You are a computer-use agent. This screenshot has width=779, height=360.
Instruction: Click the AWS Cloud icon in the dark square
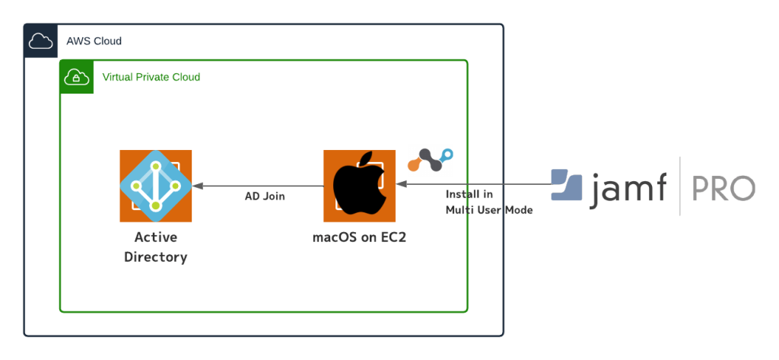tap(41, 41)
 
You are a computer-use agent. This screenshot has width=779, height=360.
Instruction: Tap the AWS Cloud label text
tap(94, 41)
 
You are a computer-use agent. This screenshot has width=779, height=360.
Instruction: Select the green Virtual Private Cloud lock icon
tap(77, 77)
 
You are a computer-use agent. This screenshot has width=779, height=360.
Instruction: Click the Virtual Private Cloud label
tap(151, 77)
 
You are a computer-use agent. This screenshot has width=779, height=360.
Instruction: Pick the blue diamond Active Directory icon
tap(155, 186)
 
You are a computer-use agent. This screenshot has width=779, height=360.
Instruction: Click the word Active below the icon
tap(156, 237)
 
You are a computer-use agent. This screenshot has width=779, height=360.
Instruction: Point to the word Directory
tap(155, 257)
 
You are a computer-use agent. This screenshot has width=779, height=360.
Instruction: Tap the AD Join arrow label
tap(265, 196)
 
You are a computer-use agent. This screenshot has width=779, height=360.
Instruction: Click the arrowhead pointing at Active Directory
tap(198, 186)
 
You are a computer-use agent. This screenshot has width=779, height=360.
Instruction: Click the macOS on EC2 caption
tap(359, 237)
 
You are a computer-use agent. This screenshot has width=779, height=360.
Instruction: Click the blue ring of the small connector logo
tap(447, 155)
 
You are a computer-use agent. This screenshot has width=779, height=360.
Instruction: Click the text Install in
tap(469, 194)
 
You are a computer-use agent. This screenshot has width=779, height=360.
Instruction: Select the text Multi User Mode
tap(489, 210)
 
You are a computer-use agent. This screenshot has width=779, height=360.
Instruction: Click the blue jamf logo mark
tap(566, 185)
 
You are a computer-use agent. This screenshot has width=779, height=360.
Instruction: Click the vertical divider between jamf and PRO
tap(679, 186)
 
